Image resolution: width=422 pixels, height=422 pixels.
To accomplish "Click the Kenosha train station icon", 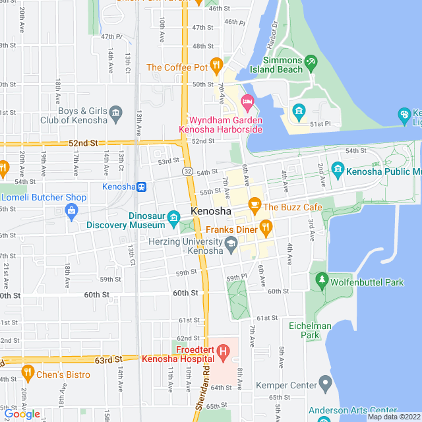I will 142,187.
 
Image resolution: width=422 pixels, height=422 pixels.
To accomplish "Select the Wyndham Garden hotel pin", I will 247,102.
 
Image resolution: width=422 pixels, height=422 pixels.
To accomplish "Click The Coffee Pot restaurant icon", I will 216,65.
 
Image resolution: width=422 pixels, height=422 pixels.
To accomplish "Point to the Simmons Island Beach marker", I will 311,62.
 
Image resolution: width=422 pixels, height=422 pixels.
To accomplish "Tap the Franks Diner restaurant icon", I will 266,228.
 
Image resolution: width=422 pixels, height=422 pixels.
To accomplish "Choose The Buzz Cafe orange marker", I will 254,205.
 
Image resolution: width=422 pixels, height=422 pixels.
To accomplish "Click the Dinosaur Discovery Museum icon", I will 173,217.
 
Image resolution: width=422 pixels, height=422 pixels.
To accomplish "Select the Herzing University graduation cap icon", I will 231,246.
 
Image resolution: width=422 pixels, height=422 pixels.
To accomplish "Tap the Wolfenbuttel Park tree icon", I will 322,281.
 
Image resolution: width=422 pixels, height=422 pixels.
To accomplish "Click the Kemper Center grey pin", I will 324,382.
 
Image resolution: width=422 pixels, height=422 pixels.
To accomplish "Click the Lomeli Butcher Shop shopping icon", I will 71,210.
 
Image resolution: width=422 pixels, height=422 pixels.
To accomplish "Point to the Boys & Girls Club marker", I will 116,113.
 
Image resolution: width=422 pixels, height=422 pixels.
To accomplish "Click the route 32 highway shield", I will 188,171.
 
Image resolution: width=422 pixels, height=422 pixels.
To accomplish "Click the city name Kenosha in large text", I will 211,212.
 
